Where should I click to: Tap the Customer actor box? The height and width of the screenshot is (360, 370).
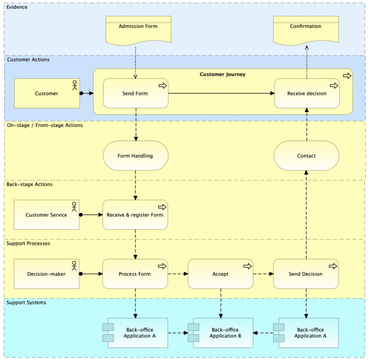pos(47,94)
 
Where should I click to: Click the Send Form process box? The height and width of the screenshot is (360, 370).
pos(136,94)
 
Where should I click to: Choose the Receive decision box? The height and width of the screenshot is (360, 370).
pos(306,94)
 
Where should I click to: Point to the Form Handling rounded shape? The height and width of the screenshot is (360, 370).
pos(135,155)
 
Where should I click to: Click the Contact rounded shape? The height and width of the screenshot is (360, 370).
pos(306,155)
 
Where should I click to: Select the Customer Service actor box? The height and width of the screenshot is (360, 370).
pos(47,215)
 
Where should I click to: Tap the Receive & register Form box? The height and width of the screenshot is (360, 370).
pos(135,215)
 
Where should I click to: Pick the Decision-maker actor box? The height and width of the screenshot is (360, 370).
pos(47,274)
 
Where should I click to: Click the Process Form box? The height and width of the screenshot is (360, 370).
pos(135,274)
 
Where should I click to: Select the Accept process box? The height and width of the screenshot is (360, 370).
pos(220,274)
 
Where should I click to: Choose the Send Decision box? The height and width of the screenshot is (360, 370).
pos(306,274)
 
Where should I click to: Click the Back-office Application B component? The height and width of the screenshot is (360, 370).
pos(221,332)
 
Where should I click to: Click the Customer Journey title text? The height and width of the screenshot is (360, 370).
pos(223,75)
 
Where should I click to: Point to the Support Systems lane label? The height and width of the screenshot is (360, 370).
pos(27,303)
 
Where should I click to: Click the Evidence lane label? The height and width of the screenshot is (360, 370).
pos(17,7)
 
